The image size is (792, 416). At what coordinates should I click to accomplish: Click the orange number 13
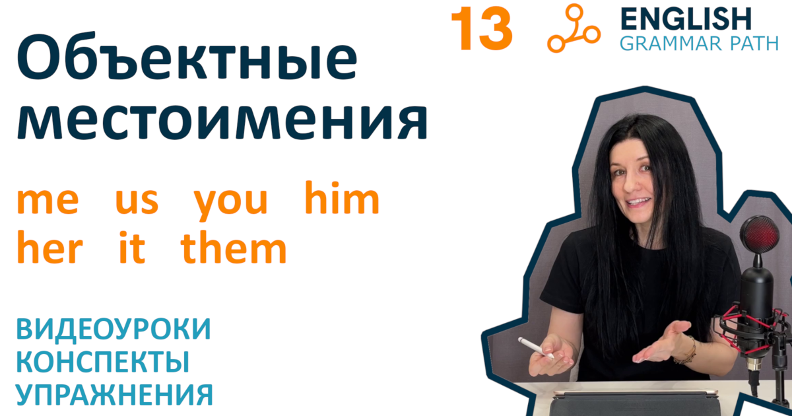(481, 30)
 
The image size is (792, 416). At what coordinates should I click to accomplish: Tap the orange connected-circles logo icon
(573, 29)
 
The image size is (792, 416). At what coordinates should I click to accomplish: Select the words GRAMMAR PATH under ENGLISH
(699, 44)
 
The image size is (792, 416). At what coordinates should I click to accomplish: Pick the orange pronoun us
(137, 203)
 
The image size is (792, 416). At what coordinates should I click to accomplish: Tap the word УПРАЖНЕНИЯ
(114, 396)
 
